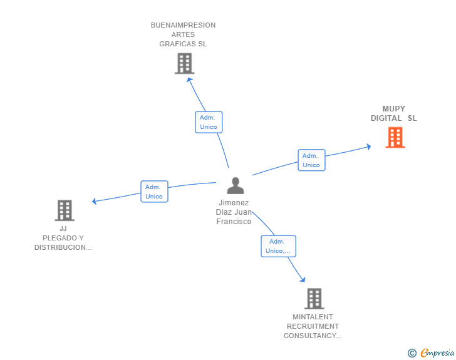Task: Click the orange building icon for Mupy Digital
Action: coord(395,138)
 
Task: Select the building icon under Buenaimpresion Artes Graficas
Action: coord(184,64)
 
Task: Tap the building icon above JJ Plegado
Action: coord(65,210)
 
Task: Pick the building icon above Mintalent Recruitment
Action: coord(314,299)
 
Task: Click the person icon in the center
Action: coord(235,186)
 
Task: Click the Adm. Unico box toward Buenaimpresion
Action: coord(209,122)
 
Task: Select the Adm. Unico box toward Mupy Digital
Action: coord(311,160)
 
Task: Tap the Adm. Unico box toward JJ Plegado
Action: coord(154,192)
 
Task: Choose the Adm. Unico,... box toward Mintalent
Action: coord(278,246)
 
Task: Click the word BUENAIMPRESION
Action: coord(183,26)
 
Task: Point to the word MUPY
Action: coord(394,109)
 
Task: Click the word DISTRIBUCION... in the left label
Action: coord(63,247)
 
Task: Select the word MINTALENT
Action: coord(313,317)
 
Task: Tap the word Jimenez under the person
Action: coord(234,203)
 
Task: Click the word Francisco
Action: coord(234,222)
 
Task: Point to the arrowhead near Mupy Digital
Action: coord(368,147)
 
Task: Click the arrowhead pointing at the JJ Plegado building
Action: coord(95,201)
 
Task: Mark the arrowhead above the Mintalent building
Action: coord(303,279)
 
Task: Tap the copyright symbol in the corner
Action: coord(412,353)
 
